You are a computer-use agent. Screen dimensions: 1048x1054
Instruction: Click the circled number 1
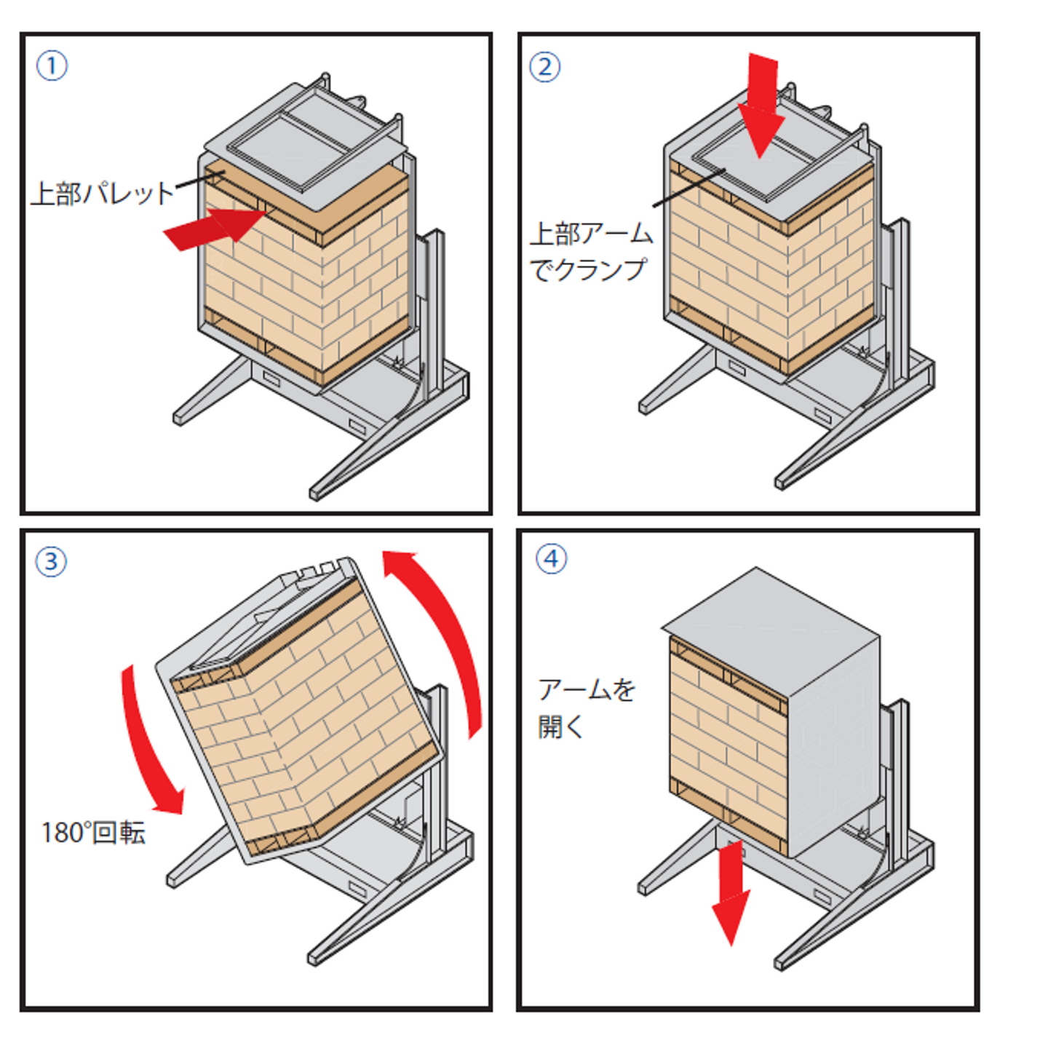pyautogui.click(x=52, y=66)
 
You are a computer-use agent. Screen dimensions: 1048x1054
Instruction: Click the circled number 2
pyautogui.click(x=545, y=67)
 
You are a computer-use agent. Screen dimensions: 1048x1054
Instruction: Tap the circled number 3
pyautogui.click(x=51, y=562)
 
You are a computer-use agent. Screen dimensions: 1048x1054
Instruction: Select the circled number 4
pyautogui.click(x=552, y=559)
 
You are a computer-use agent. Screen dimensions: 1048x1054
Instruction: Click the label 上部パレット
pyautogui.click(x=103, y=194)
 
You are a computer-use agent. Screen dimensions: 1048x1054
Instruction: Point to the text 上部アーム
pyautogui.click(x=591, y=234)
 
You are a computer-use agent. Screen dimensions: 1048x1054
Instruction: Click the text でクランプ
pyautogui.click(x=587, y=269)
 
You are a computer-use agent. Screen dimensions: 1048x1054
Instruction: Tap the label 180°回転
pyautogui.click(x=94, y=833)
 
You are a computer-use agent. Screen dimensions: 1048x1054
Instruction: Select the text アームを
pyautogui.click(x=587, y=689)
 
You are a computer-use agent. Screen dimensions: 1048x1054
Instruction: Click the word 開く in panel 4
pyautogui.click(x=561, y=727)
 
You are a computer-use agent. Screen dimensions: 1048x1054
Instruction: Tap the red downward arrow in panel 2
pyautogui.click(x=761, y=105)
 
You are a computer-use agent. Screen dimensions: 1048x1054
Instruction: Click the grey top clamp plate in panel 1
pyautogui.click(x=306, y=146)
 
